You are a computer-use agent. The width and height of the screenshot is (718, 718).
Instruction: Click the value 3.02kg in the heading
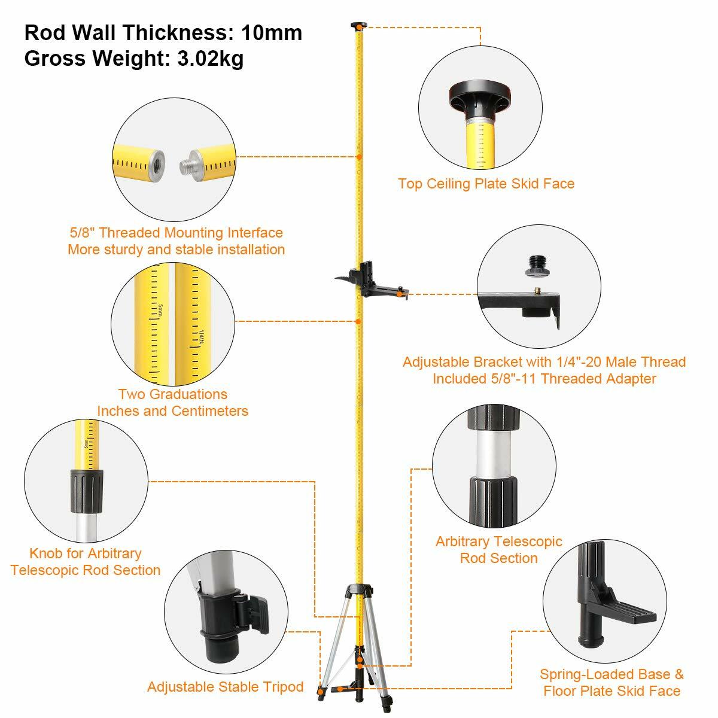(210, 59)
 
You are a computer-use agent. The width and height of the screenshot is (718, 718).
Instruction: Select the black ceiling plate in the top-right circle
(480, 96)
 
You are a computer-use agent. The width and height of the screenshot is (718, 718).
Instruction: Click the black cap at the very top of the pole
(358, 25)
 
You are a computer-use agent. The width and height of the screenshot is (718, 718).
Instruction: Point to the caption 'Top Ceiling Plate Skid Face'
(486, 184)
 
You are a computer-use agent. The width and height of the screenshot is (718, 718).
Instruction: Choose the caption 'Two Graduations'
(172, 394)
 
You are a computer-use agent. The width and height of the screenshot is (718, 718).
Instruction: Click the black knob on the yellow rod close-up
(86, 491)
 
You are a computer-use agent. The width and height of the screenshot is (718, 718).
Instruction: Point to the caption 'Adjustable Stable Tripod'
(225, 686)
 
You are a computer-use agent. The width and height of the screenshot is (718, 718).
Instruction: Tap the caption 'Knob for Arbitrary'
(86, 553)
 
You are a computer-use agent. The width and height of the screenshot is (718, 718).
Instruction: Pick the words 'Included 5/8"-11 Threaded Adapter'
(544, 379)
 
